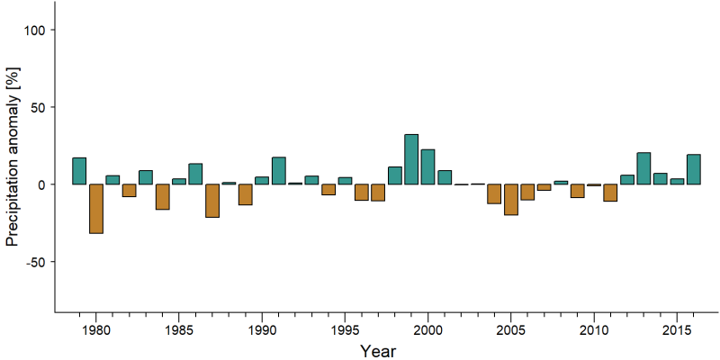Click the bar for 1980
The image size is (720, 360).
click(96, 209)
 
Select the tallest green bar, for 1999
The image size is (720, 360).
click(411, 159)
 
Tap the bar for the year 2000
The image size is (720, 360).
click(428, 166)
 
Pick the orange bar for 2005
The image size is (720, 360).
click(511, 199)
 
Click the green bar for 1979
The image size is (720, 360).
click(79, 171)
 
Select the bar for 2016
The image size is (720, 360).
click(693, 169)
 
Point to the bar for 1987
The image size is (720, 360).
click(212, 201)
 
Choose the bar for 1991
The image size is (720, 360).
click(279, 171)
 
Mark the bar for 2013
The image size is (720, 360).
click(643, 168)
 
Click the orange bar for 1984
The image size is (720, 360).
click(163, 196)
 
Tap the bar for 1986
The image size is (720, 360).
click(195, 174)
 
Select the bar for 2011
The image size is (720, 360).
click(611, 193)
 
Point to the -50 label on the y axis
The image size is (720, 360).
click(34, 262)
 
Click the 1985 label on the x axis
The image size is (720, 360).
click(179, 330)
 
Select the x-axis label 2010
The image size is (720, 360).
click(594, 330)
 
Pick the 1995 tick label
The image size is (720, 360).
click(345, 330)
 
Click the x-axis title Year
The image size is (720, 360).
click(377, 351)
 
